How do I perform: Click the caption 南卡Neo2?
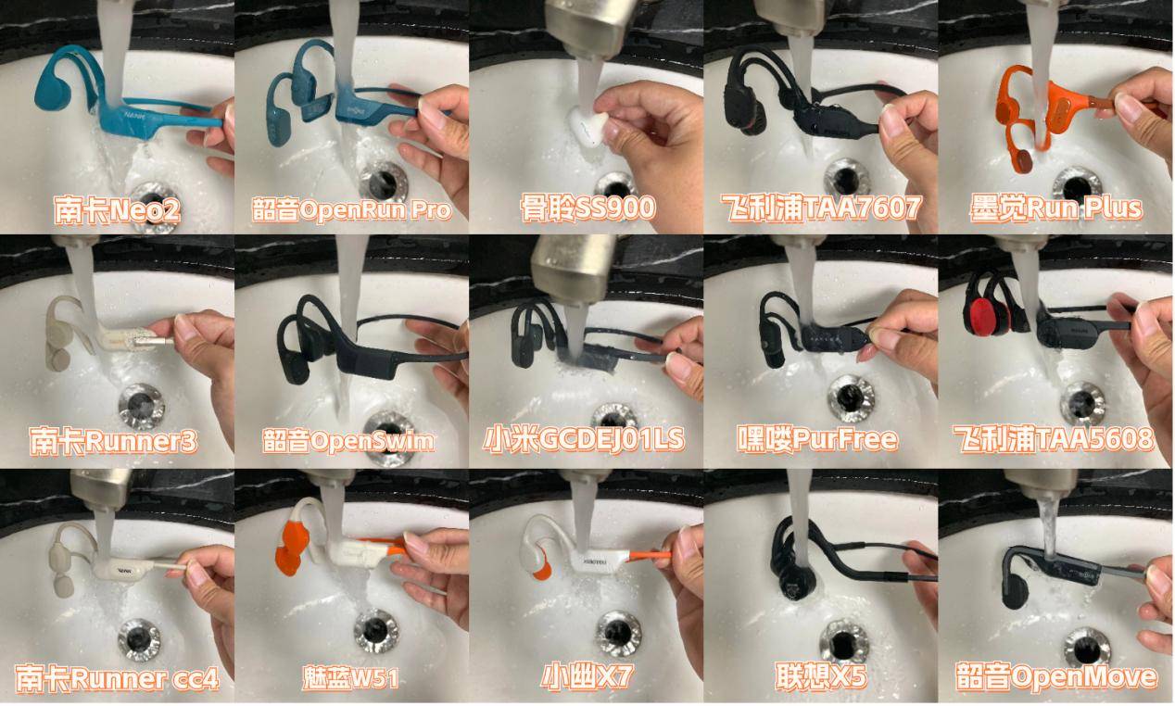[x=117, y=209]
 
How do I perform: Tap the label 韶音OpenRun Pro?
[x=351, y=209]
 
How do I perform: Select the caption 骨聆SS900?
[x=587, y=208]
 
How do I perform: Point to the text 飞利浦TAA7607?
[x=821, y=208]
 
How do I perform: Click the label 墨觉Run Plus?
[x=1055, y=208]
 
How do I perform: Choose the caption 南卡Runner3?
[x=113, y=441]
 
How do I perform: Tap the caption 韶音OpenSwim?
[x=348, y=441]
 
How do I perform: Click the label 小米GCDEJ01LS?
[x=584, y=439]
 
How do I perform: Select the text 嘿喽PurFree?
[x=817, y=439]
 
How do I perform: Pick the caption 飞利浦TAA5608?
[x=1054, y=439]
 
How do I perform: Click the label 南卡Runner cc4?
[x=117, y=679]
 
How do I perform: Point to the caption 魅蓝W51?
[x=350, y=678]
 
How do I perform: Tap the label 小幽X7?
[x=587, y=676]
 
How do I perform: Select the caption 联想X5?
[x=821, y=676]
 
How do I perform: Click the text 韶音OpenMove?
[x=1056, y=676]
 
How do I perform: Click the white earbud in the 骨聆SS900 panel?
[x=588, y=126]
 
